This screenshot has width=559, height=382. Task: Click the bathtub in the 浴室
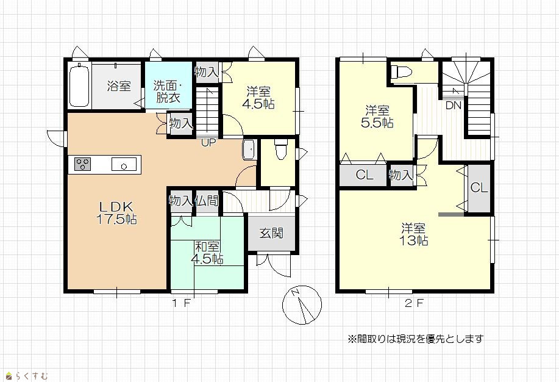(x=79, y=85)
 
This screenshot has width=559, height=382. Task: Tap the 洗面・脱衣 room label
(x=168, y=92)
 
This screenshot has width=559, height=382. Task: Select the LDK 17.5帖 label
(x=116, y=213)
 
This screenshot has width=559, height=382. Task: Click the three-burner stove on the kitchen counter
(x=83, y=164)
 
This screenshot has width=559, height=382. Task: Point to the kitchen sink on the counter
(x=124, y=164)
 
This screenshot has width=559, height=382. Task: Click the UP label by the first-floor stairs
(x=208, y=143)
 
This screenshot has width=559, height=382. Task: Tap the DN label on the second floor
(x=454, y=106)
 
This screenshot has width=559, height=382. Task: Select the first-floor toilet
(x=280, y=148)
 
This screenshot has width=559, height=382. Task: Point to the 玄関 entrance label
(x=271, y=233)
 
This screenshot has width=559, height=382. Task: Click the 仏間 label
(x=207, y=201)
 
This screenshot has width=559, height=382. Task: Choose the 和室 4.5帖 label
(x=207, y=253)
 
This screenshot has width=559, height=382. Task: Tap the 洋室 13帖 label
(x=413, y=234)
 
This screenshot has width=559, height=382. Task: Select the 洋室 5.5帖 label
(x=377, y=117)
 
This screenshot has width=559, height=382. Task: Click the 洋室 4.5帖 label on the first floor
(x=258, y=98)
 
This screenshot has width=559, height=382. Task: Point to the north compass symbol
(x=302, y=305)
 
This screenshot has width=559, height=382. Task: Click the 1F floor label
(x=182, y=304)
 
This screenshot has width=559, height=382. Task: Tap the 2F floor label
(x=415, y=304)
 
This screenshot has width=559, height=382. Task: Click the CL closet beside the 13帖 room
(x=479, y=188)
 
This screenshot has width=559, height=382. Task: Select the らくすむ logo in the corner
(x=27, y=375)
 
